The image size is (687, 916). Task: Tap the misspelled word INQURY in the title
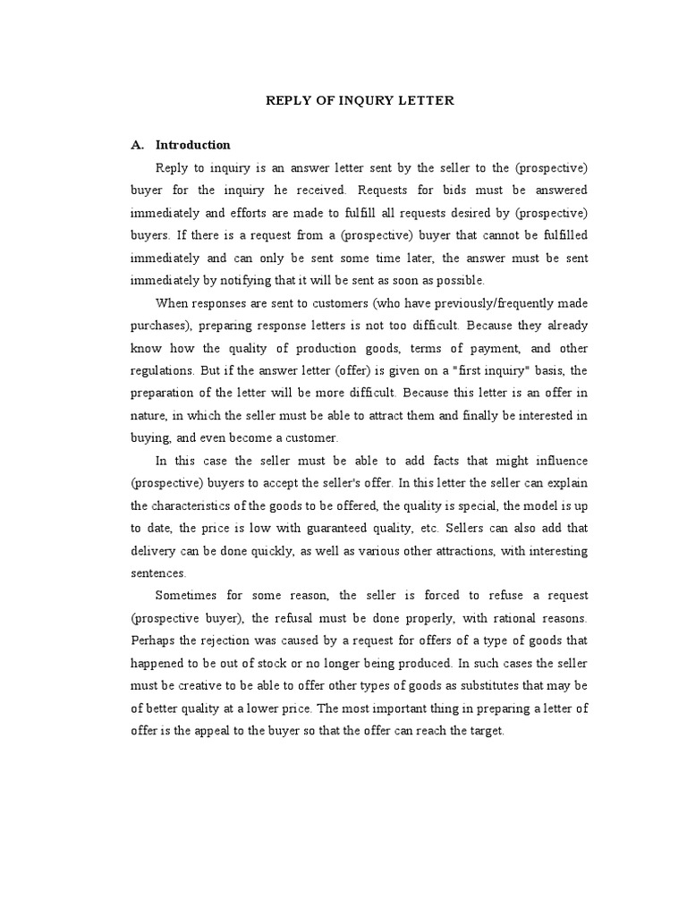coord(361,100)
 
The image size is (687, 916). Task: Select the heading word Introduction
coord(193,145)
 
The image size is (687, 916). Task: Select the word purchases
coord(157,326)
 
